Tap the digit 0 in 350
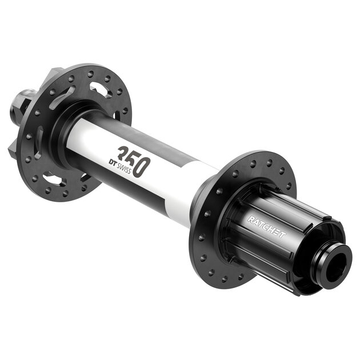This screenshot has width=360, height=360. pos(142,167)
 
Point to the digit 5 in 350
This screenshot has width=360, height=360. pos(133,161)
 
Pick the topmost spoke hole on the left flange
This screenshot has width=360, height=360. pos(91,73)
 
